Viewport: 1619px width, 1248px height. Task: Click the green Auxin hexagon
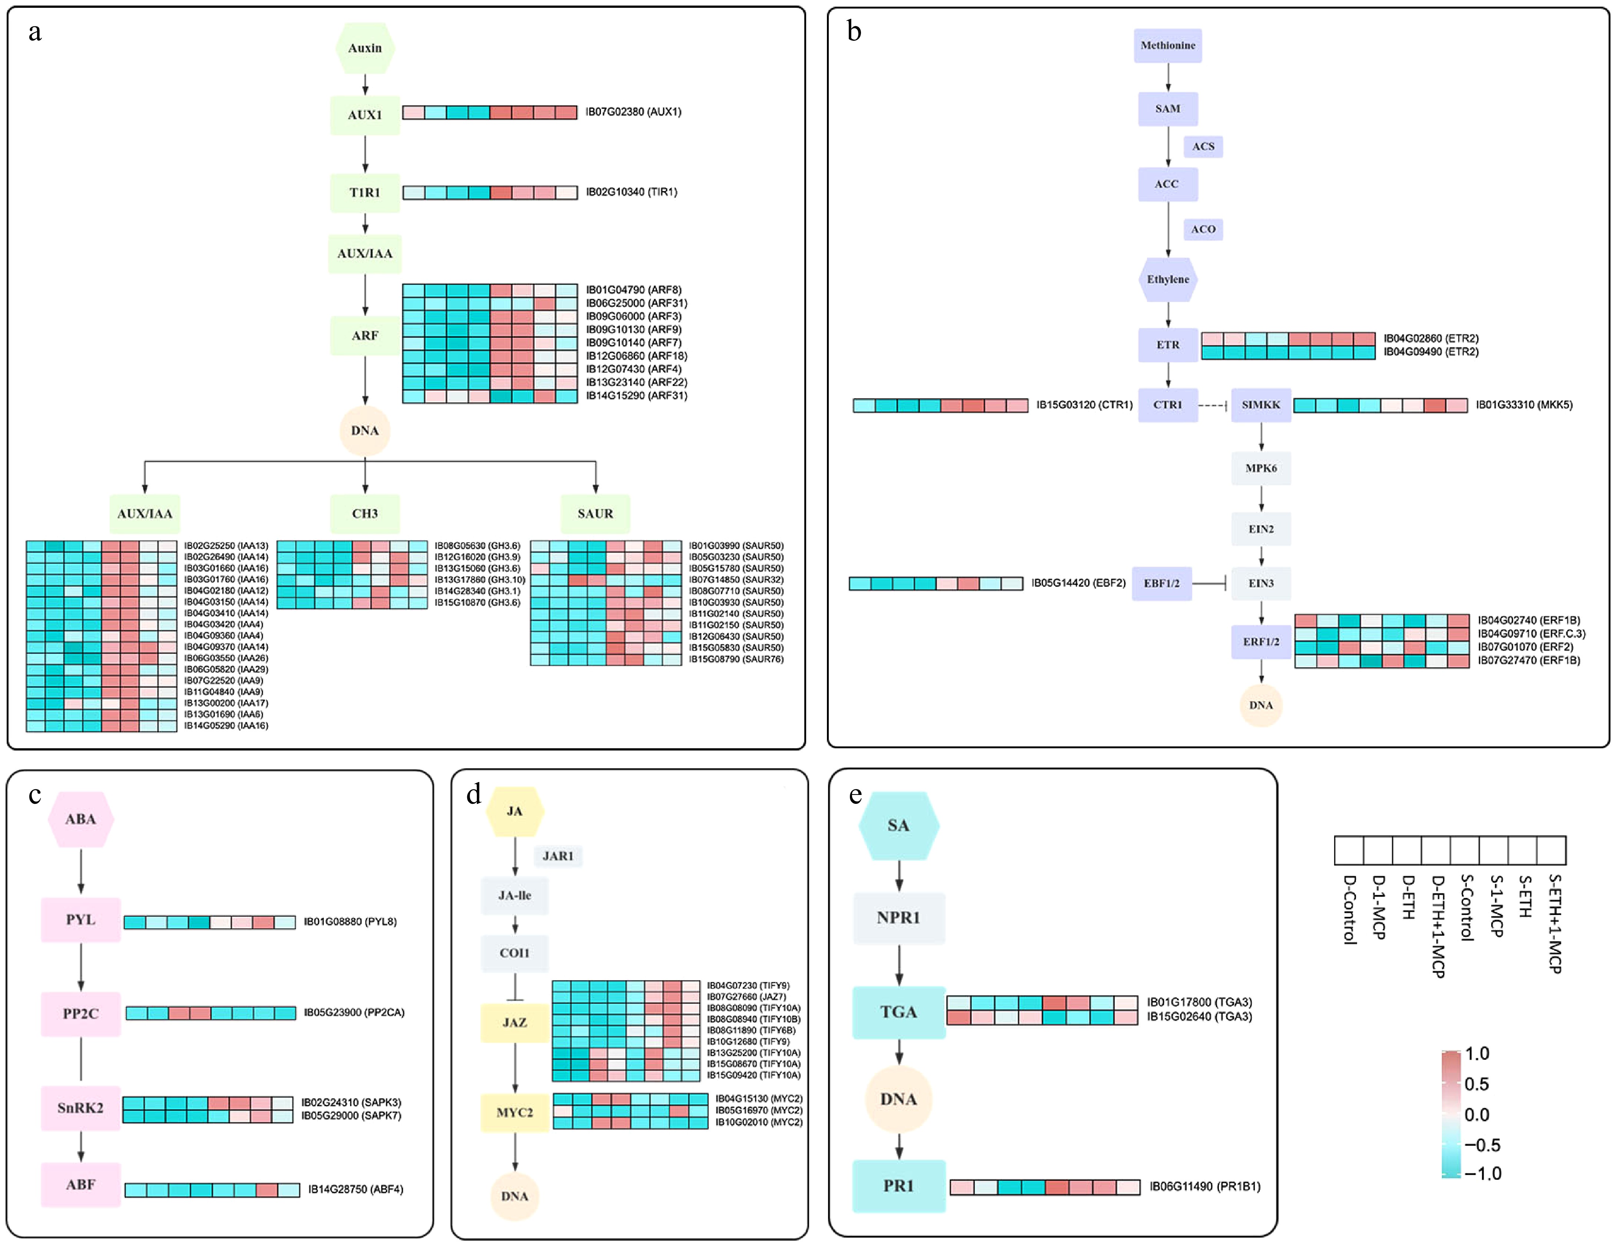click(365, 48)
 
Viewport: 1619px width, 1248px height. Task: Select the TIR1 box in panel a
click(365, 193)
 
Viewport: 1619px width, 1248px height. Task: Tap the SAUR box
click(595, 513)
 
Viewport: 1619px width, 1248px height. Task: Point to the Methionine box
click(1167, 46)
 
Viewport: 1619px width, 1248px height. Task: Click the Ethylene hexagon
click(1167, 279)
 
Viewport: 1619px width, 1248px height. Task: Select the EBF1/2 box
click(1161, 583)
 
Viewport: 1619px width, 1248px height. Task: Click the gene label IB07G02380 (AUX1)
click(633, 112)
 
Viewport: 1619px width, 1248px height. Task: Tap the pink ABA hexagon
click(81, 819)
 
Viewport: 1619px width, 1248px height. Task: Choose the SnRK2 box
click(81, 1108)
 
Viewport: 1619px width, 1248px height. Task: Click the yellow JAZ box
click(515, 1023)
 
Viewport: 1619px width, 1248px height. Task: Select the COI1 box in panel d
click(515, 953)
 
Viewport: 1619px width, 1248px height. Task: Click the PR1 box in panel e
click(898, 1186)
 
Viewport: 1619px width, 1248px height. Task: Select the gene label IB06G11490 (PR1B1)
click(1204, 1187)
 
